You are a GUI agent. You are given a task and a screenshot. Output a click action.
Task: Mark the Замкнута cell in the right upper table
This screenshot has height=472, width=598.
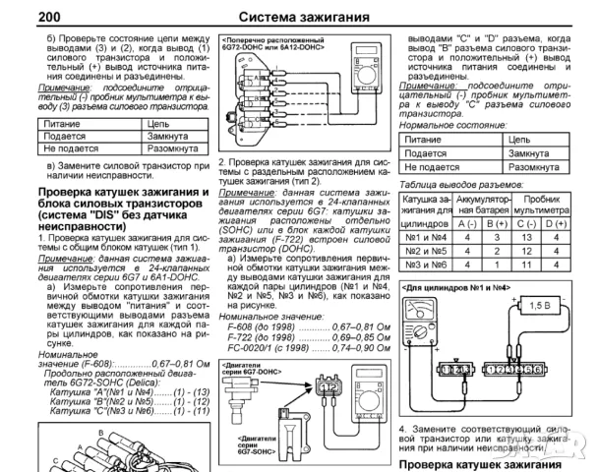532,155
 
